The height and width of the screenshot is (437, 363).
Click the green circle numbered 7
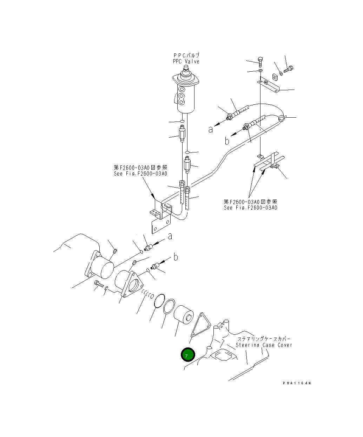tap(187, 355)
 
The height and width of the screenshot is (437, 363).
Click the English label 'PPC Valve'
tap(186, 62)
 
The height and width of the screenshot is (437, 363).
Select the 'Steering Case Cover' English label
tap(264, 345)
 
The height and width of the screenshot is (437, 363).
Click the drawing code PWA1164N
tap(297, 383)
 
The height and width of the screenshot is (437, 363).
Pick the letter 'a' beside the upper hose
tap(211, 129)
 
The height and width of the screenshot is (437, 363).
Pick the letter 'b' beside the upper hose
tap(227, 141)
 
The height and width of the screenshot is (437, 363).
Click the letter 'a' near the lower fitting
tap(170, 236)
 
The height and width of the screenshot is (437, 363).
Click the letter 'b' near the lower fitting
tap(176, 257)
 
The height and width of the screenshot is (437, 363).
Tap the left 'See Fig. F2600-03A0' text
tap(140, 174)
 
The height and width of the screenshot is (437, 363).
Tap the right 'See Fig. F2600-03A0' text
tap(250, 208)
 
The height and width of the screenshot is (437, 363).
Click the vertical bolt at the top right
tap(259, 62)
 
